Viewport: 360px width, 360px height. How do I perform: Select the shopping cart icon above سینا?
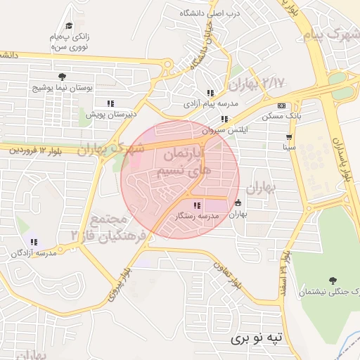click(289, 137)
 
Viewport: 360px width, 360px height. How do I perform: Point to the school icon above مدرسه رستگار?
click(196, 205)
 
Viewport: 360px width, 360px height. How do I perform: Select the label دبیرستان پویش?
click(111, 114)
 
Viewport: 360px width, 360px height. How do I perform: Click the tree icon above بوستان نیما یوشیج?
click(63, 76)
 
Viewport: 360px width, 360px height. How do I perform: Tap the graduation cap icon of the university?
click(68, 26)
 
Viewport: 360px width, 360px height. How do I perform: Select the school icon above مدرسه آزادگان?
click(33, 242)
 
